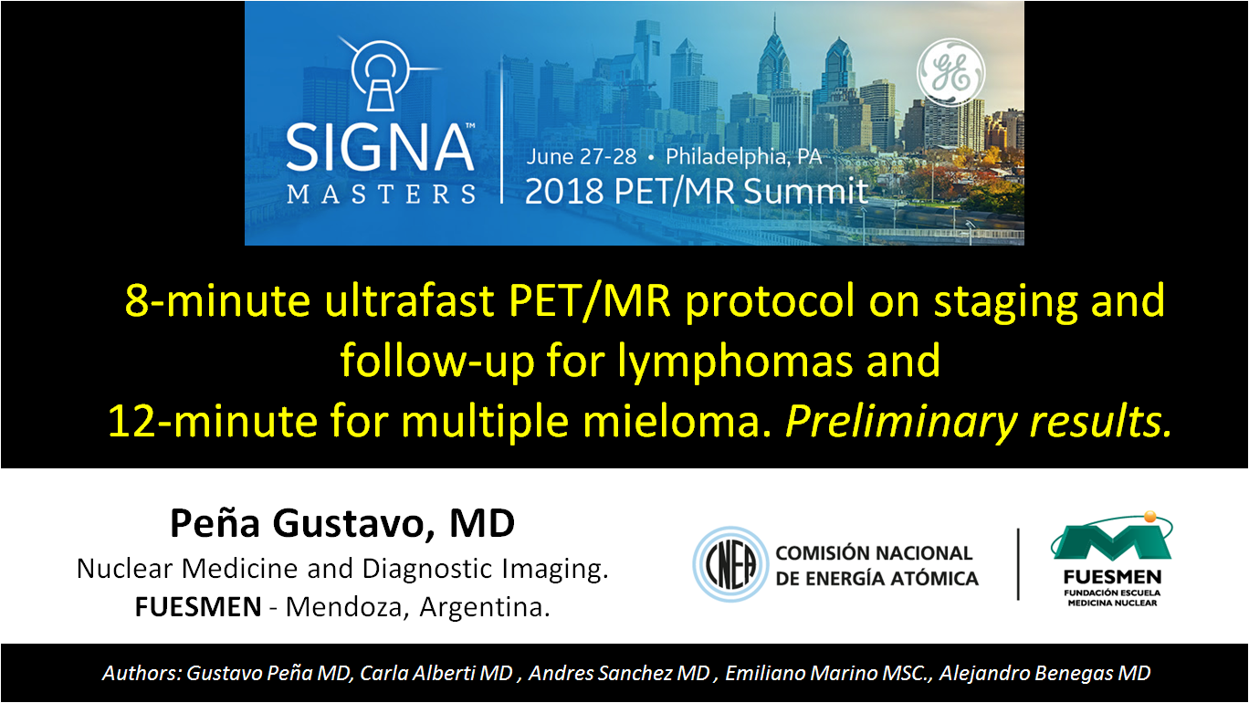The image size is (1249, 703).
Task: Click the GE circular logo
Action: [x=950, y=72]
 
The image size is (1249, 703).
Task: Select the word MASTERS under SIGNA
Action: [x=382, y=194]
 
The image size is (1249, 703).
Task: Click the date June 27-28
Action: [x=581, y=157]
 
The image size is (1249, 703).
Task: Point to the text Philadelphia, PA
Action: [x=743, y=157]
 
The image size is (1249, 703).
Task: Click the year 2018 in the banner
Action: [x=563, y=191]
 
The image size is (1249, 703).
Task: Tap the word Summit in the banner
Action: [x=805, y=191]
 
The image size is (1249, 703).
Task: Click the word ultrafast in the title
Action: [x=409, y=300]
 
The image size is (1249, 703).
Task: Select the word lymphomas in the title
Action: [x=735, y=362]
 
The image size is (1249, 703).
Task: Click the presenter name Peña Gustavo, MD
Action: [x=342, y=523]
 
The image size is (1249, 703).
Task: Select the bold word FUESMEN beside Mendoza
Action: [x=198, y=606]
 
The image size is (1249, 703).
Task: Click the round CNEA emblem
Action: [x=730, y=564]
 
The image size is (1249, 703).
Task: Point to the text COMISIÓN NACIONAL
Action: [x=874, y=553]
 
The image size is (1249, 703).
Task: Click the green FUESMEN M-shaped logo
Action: [x=1112, y=538]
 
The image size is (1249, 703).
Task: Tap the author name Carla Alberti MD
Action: [x=436, y=673]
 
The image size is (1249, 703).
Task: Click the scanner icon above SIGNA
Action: [x=381, y=74]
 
